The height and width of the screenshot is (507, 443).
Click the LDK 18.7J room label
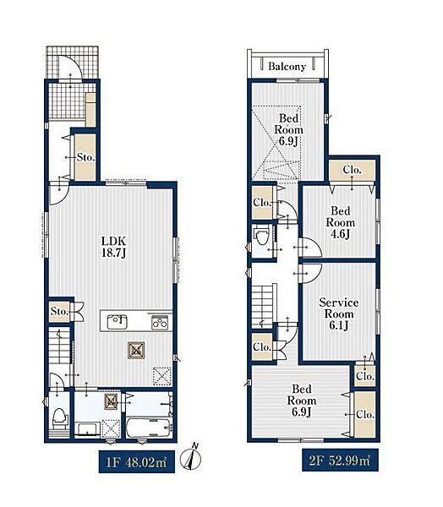point(113,247)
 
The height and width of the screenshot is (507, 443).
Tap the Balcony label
point(287,66)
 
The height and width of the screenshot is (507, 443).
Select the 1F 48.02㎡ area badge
point(137,461)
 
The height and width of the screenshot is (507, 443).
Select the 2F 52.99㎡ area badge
point(340,461)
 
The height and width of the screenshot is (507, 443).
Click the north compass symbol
point(190,457)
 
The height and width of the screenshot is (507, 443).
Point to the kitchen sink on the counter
point(117,322)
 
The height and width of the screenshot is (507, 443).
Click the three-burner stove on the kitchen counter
point(160,323)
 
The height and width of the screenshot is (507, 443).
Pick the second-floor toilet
point(261,237)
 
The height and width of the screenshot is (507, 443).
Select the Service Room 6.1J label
point(338,314)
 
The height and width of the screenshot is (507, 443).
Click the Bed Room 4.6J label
point(340,222)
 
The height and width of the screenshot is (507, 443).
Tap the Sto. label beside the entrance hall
point(85,157)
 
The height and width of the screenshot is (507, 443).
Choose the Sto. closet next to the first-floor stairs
point(59,311)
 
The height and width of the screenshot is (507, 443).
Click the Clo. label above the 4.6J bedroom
point(352,170)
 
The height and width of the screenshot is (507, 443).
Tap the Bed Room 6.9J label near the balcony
point(288,129)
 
